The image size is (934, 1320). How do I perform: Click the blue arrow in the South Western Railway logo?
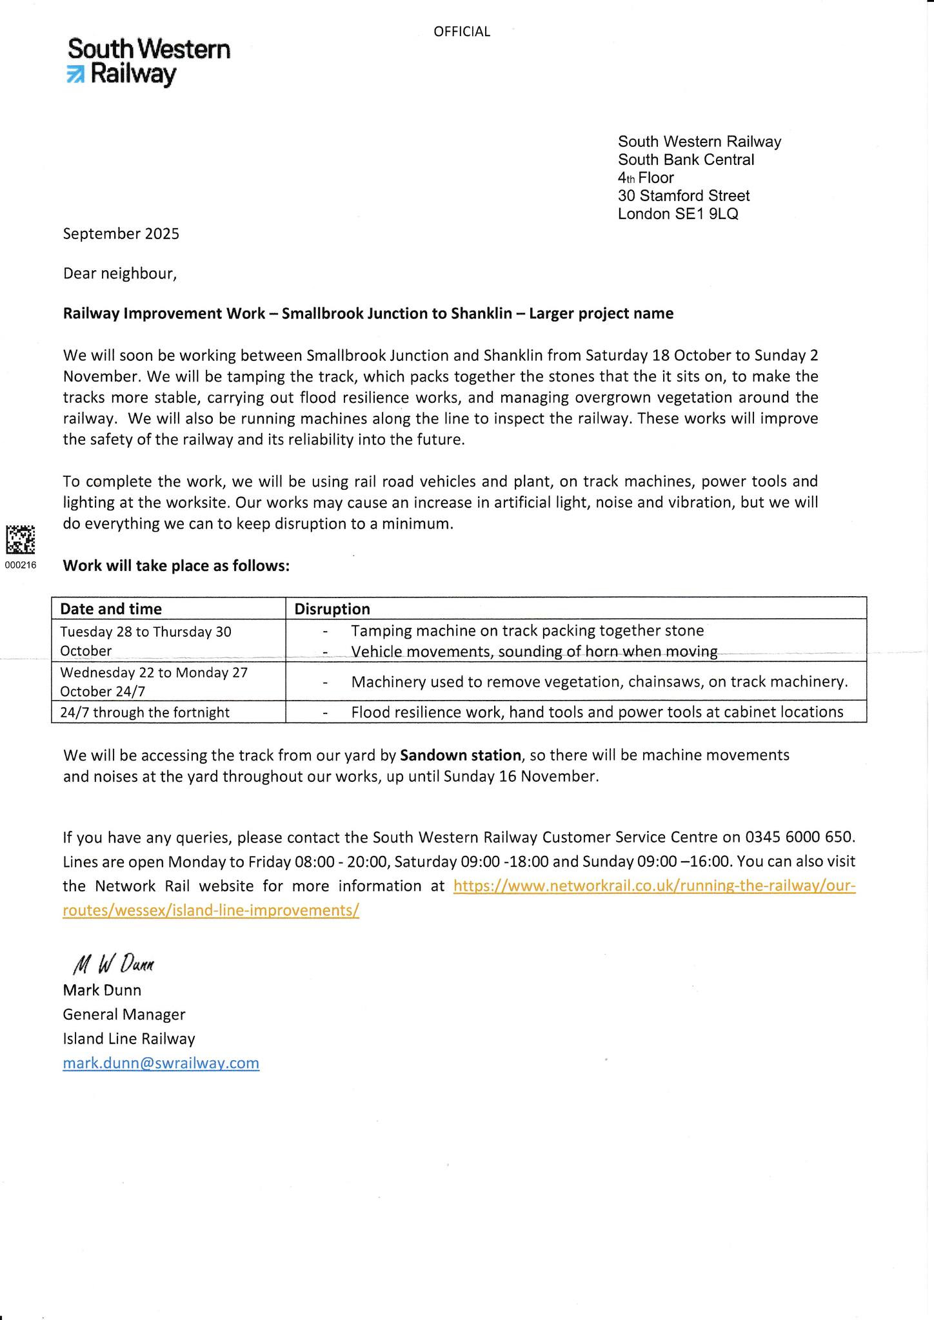pos(75,75)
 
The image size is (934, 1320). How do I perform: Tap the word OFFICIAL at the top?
pos(462,32)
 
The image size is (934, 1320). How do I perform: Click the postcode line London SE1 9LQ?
pos(677,214)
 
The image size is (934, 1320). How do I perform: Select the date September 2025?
pos(121,233)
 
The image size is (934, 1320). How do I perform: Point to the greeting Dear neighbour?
pos(119,274)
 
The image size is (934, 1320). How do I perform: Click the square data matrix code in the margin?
pos(20,539)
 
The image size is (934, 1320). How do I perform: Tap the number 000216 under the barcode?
pos(20,565)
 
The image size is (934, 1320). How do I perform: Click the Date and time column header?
pos(111,608)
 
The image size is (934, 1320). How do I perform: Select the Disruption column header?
pos(332,608)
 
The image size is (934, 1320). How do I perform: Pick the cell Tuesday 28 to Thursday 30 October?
pos(146,641)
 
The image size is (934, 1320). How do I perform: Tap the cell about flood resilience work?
pos(597,712)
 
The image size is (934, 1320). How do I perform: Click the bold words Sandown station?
pos(461,755)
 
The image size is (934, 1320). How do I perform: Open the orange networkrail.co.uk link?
pos(654,886)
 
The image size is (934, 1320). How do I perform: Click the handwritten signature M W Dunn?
pos(114,964)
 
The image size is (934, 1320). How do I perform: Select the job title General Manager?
pos(124,1014)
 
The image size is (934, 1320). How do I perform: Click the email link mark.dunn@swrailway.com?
pos(161,1063)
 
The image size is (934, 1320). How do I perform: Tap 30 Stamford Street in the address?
pos(684,196)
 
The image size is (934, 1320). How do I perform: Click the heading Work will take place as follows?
pos(176,566)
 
